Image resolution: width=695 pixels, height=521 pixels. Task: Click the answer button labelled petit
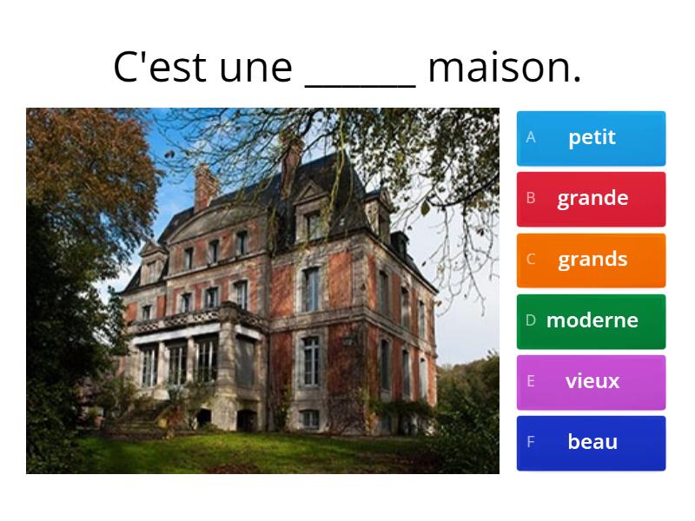[592, 137]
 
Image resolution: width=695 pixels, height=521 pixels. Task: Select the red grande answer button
[592, 198]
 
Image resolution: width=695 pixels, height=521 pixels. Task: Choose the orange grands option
[592, 259]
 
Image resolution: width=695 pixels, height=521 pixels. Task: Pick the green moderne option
[592, 320]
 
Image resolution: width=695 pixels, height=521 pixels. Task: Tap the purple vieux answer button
[592, 381]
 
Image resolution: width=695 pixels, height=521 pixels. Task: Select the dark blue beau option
[592, 442]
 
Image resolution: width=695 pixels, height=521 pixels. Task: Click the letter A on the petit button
[531, 137]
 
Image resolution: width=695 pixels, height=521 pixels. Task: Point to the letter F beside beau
[531, 442]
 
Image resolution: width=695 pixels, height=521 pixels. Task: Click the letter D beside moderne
[531, 320]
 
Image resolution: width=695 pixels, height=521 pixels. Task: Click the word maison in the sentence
[504, 68]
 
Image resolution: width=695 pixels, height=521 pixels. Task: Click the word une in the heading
[256, 68]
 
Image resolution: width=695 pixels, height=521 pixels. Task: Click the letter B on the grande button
[531, 198]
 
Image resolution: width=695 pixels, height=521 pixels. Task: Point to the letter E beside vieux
[531, 381]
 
